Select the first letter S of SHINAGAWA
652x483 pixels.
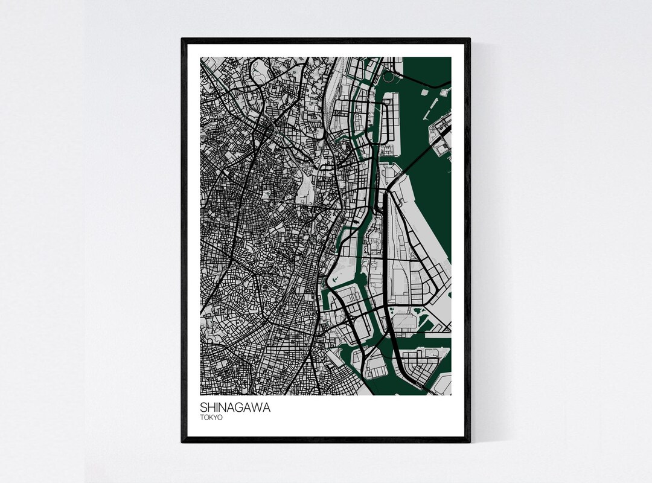[x=203, y=408]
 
